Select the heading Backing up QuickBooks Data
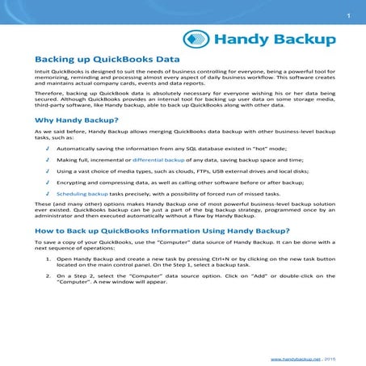[107, 60]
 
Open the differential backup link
[160, 161]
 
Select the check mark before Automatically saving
[48, 149]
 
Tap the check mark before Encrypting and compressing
[48, 183]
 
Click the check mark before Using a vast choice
[48, 172]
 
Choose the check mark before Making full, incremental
[48, 161]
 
